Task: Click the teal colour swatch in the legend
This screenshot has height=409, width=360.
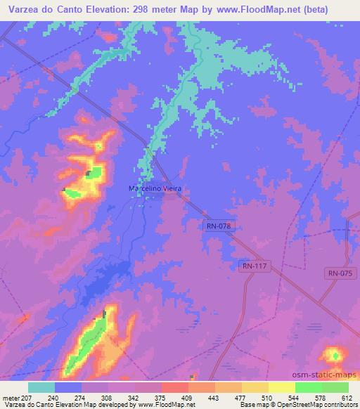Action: pos(41,387)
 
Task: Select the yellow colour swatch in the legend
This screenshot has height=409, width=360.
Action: pos(281,387)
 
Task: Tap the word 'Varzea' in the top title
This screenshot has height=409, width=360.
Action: pos(22,9)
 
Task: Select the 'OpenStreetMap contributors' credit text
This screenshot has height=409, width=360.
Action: pos(314,405)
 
